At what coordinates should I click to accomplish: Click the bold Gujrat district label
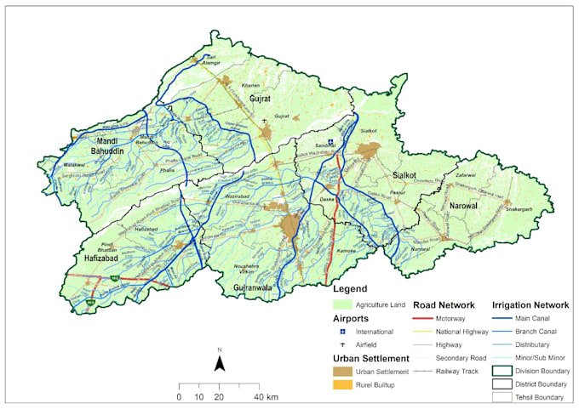click(260, 99)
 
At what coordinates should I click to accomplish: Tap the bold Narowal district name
click(452, 204)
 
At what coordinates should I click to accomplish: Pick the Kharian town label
click(251, 85)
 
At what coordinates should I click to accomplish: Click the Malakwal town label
click(76, 163)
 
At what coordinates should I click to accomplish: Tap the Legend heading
click(350, 289)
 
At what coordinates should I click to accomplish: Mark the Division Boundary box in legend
click(502, 371)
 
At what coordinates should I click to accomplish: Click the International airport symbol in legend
click(342, 331)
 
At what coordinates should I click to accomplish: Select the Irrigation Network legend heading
click(530, 304)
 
